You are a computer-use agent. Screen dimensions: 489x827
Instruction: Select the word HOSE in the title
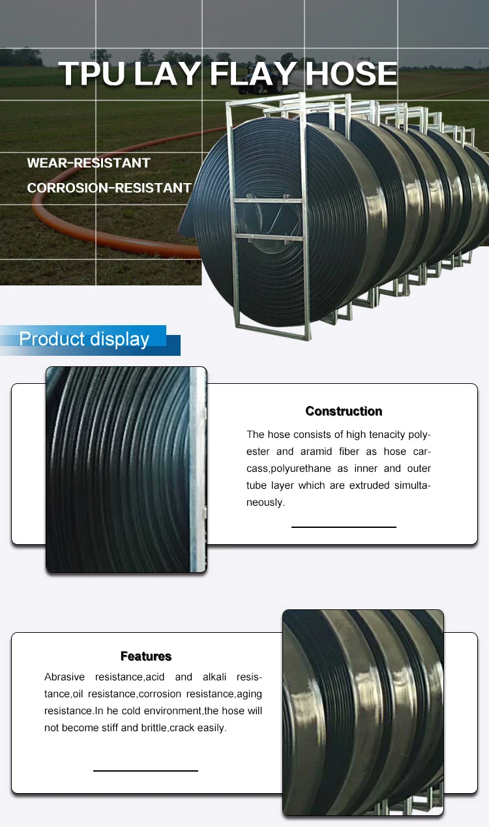[x=351, y=74]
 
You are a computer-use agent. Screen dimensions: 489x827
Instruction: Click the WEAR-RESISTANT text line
[x=89, y=163]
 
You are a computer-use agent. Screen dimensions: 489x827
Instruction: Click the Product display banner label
[x=84, y=339]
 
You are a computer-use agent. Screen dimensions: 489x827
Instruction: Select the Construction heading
[x=344, y=411]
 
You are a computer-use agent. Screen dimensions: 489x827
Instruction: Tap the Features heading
[x=146, y=656]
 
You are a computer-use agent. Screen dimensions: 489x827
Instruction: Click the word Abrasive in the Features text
[x=65, y=677]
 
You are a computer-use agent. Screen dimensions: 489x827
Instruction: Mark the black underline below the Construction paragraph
[x=344, y=527]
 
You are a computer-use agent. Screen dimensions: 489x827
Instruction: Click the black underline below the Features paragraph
[x=145, y=771]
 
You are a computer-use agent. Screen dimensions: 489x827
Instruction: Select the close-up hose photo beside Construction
[x=126, y=469]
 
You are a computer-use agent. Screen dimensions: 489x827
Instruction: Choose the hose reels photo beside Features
[x=363, y=712]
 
